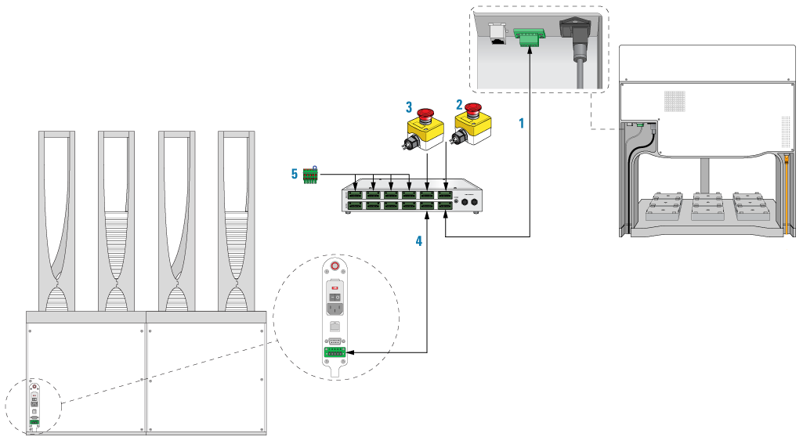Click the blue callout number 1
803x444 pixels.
[x=521, y=123]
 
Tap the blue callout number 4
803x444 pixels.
[x=419, y=241]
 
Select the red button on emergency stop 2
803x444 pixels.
[x=472, y=109]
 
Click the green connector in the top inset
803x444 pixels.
[x=528, y=36]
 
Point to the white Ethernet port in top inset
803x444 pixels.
[x=496, y=34]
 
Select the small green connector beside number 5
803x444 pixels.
[x=310, y=176]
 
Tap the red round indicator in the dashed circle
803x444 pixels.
[x=335, y=266]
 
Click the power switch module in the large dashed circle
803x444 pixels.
[x=335, y=297]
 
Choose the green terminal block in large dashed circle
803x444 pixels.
[x=335, y=352]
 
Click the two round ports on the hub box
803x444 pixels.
[x=468, y=201]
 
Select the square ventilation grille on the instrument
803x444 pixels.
[x=675, y=101]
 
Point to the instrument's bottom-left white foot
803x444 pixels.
[x=628, y=244]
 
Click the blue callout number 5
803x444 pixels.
[x=295, y=174]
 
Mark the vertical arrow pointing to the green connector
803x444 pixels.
[x=530, y=67]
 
